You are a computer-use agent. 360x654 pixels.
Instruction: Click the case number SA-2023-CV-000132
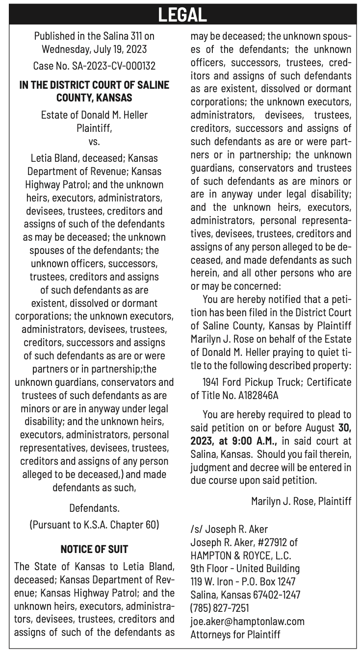pyautogui.click(x=94, y=65)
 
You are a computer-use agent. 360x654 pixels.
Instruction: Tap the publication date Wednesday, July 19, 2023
pyautogui.click(x=94, y=50)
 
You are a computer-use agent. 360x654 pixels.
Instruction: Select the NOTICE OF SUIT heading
pyautogui.click(x=94, y=549)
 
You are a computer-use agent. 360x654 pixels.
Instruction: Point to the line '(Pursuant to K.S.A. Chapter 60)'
pyautogui.click(x=94, y=524)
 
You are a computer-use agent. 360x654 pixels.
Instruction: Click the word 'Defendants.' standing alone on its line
pyautogui.click(x=94, y=507)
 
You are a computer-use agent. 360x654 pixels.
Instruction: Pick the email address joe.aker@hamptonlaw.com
pyautogui.click(x=247, y=621)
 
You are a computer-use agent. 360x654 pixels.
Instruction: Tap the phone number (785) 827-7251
pyautogui.click(x=219, y=608)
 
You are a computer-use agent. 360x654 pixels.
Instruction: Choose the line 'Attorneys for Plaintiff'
pyautogui.click(x=235, y=634)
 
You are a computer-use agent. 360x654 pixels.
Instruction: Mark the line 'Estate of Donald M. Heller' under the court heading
pyautogui.click(x=94, y=115)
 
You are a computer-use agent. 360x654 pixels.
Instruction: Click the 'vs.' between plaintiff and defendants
pyautogui.click(x=94, y=142)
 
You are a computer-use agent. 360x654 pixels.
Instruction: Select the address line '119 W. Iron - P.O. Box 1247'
pyautogui.click(x=242, y=581)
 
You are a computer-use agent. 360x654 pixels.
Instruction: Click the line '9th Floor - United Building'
pyautogui.click(x=245, y=569)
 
